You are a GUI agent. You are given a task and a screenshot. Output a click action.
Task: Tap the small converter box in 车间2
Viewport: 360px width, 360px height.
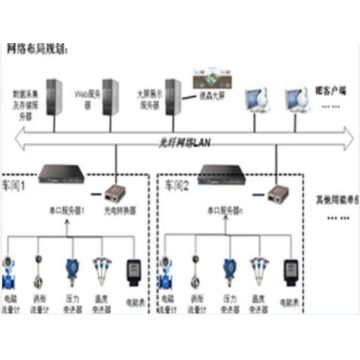pos(274,195)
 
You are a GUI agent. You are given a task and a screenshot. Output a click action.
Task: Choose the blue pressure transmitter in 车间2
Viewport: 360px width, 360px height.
pos(229,271)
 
